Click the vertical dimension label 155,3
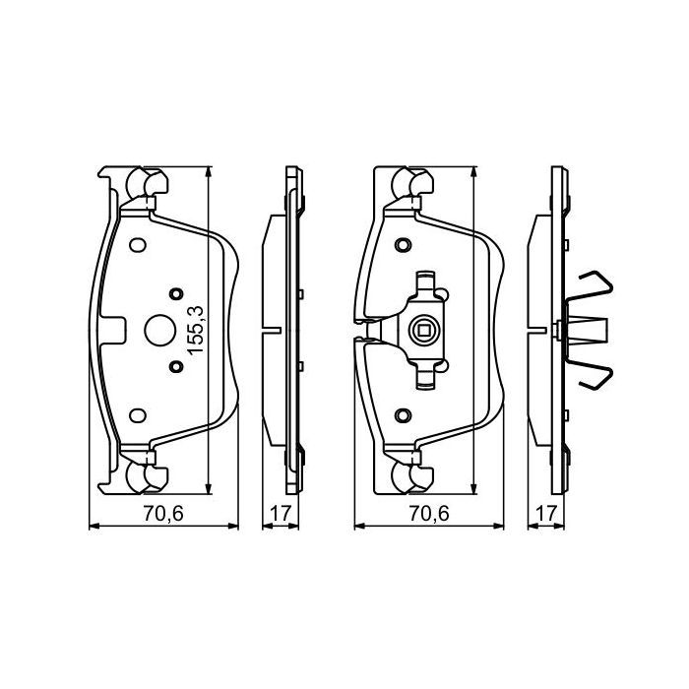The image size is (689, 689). pos(195,330)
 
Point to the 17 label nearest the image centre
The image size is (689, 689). pos(281,513)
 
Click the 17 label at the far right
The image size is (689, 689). pos(548,513)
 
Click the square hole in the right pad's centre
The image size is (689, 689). pos(425,330)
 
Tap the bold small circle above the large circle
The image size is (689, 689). pos(176,292)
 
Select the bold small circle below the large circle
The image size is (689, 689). pos(176,367)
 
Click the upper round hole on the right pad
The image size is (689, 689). pos(401,244)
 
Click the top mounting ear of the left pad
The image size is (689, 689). pos(146,184)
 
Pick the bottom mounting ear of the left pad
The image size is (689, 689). pos(146,475)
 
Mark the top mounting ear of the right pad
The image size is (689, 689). pos(409,184)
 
